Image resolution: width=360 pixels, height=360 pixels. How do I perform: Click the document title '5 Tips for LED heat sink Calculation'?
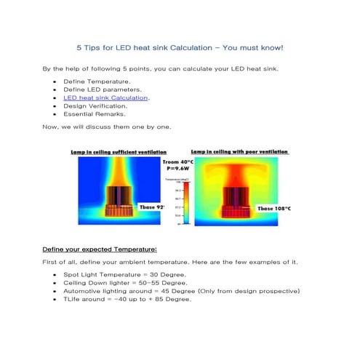point(180,48)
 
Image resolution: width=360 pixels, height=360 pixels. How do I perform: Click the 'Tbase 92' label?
point(152,207)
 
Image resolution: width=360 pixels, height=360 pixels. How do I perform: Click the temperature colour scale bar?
point(186,204)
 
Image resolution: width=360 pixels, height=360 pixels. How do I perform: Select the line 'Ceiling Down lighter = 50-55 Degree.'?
point(126,282)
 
